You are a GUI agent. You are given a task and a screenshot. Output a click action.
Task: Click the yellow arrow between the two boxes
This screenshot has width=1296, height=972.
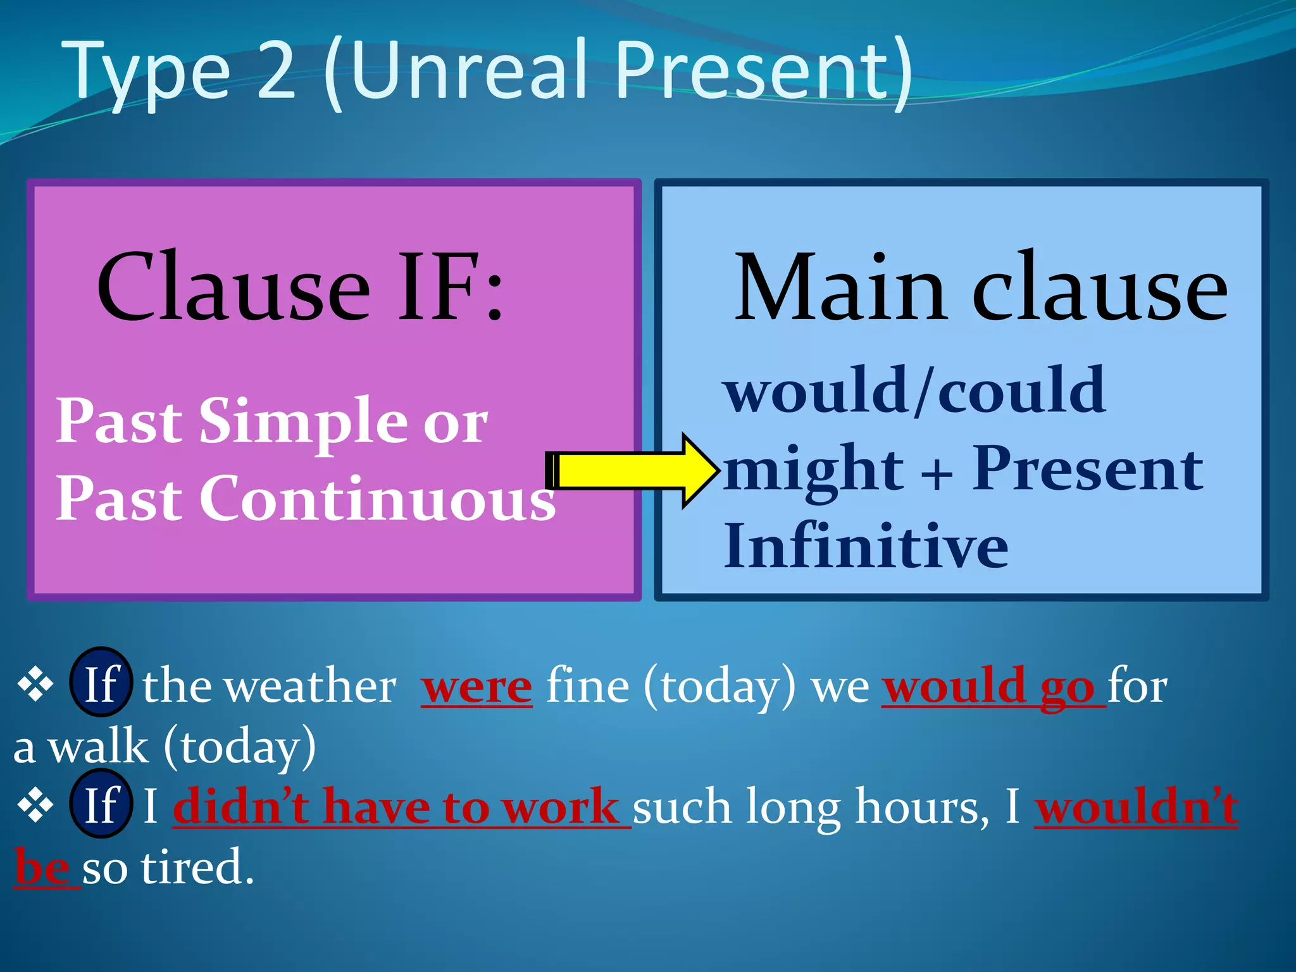point(630,470)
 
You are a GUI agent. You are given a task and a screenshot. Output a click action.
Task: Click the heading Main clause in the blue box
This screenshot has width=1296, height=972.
point(980,288)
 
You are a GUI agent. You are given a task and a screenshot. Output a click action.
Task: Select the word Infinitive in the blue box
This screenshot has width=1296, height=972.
point(865,547)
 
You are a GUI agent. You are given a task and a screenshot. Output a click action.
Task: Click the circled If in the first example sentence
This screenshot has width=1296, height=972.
point(101,683)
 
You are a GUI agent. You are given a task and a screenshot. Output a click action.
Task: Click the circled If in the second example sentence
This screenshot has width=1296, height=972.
point(101,805)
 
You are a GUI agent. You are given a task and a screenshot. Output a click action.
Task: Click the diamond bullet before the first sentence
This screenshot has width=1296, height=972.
point(35,684)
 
